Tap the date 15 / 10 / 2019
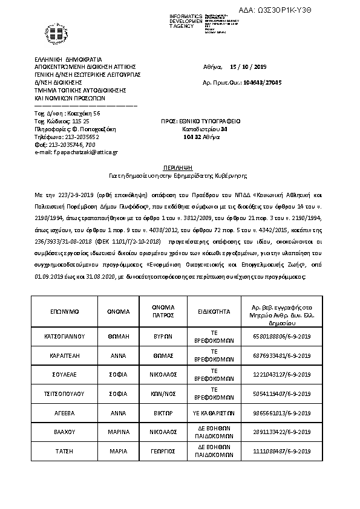(249, 66)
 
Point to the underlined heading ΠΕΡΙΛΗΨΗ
(179, 166)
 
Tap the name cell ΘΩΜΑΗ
(119, 336)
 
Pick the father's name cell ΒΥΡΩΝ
(163, 336)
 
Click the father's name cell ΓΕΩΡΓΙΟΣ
(163, 452)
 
